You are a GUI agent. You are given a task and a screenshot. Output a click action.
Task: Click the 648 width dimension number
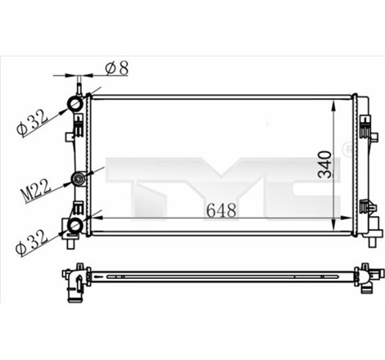pos(221,210)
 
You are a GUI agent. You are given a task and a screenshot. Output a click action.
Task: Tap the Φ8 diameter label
pos(118,69)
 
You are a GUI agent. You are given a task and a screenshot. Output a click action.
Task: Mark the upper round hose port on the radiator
pos(75,104)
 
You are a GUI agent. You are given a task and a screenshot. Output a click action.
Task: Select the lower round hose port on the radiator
pos(75,225)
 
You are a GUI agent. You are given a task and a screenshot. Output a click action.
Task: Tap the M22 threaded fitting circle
pos(78,179)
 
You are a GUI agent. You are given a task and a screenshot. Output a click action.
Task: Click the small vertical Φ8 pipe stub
pos(79,85)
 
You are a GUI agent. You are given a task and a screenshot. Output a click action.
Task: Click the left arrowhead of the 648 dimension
pos(97,218)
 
